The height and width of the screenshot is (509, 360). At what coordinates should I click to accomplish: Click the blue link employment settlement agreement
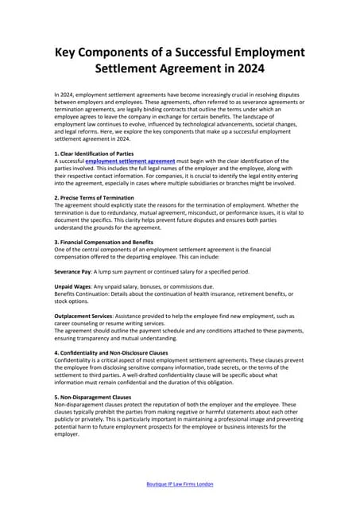coord(130,160)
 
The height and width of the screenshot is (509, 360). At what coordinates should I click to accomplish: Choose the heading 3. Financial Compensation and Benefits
coord(103,241)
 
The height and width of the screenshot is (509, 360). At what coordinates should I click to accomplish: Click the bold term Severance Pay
coord(73,270)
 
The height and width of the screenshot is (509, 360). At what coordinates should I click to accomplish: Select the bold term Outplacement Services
coord(87,315)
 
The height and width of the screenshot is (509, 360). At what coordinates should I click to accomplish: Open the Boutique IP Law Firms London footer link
coord(180,484)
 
